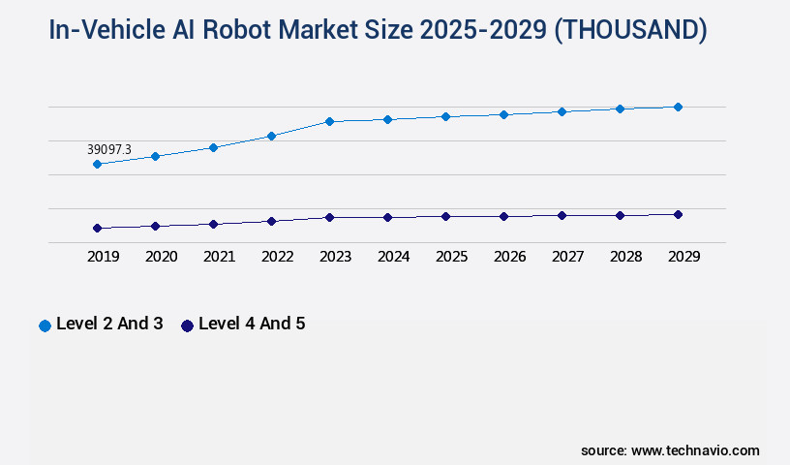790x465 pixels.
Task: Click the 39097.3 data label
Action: click(x=109, y=149)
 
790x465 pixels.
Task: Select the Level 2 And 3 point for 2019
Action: click(x=97, y=165)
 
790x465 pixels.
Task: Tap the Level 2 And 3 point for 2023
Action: click(x=329, y=121)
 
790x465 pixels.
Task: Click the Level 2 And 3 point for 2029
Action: click(x=678, y=107)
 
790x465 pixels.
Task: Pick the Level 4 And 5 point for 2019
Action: click(x=97, y=229)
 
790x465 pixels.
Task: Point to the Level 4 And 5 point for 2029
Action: click(x=678, y=214)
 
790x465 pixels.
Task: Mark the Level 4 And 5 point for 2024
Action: click(x=387, y=217)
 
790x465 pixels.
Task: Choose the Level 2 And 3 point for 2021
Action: click(x=213, y=147)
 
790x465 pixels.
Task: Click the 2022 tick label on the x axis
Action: click(x=277, y=257)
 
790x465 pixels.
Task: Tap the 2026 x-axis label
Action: click(x=509, y=257)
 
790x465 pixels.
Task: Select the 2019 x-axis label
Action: click(x=103, y=257)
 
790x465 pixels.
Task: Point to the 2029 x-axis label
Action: click(x=684, y=257)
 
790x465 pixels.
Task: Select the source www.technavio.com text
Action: click(x=670, y=450)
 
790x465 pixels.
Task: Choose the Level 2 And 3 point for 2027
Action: click(x=562, y=111)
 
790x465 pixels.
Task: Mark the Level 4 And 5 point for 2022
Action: click(x=271, y=221)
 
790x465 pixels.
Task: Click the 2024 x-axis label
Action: click(x=393, y=257)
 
